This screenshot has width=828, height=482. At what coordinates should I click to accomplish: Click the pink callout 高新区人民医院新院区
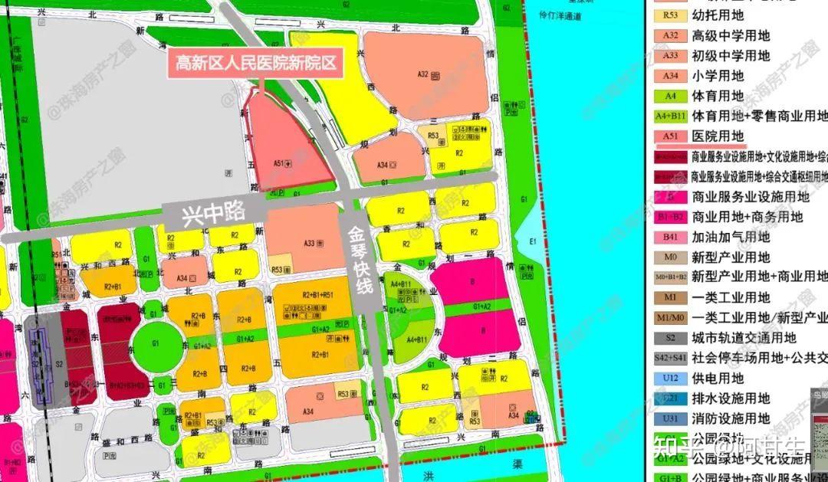(256, 63)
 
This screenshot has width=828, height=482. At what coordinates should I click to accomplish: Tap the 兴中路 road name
(214, 212)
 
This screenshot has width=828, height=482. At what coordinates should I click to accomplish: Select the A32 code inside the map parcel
(422, 74)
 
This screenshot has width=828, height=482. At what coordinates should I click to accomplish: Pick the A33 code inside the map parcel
(309, 243)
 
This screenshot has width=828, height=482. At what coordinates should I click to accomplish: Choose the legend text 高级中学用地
(731, 35)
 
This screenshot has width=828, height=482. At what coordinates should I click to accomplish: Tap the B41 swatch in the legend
(670, 237)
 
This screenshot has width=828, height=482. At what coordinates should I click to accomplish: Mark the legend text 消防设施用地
(731, 418)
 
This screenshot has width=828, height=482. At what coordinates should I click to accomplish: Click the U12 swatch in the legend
(670, 378)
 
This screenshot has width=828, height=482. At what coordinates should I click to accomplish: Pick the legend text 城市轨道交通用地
(744, 337)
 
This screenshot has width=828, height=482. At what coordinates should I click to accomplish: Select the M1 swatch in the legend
(670, 297)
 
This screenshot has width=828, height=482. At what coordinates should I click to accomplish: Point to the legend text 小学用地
(718, 76)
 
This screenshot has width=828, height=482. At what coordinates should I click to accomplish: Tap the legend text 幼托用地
(718, 15)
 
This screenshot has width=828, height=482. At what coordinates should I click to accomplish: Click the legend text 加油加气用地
(731, 237)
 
